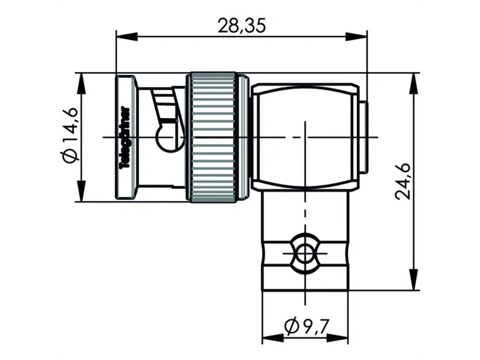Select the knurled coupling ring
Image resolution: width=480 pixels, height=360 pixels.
click(213, 137)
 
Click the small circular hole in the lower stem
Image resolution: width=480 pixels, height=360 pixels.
click(305, 254)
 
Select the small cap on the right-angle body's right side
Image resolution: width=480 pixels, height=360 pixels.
click(362, 137)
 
